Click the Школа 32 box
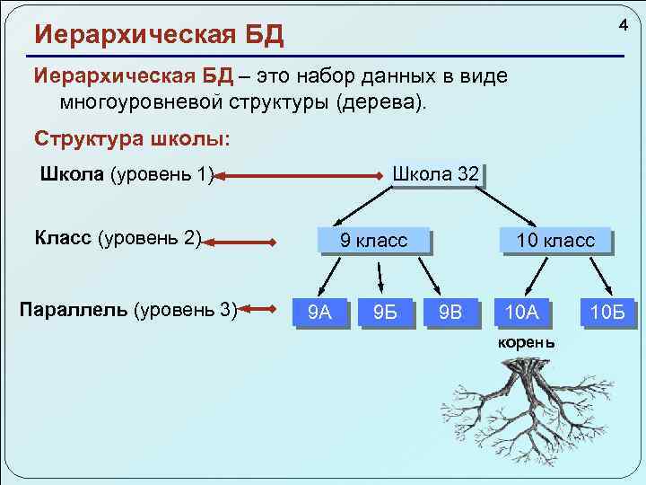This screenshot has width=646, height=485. (x=435, y=174)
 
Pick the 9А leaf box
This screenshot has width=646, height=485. (x=319, y=312)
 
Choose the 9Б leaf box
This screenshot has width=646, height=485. (x=385, y=312)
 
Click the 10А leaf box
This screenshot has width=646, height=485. (x=521, y=312)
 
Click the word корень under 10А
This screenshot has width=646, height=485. (x=526, y=343)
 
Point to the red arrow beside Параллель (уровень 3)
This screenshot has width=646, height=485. (x=258, y=310)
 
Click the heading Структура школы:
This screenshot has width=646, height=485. (x=131, y=138)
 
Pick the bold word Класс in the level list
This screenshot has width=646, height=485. (x=63, y=239)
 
